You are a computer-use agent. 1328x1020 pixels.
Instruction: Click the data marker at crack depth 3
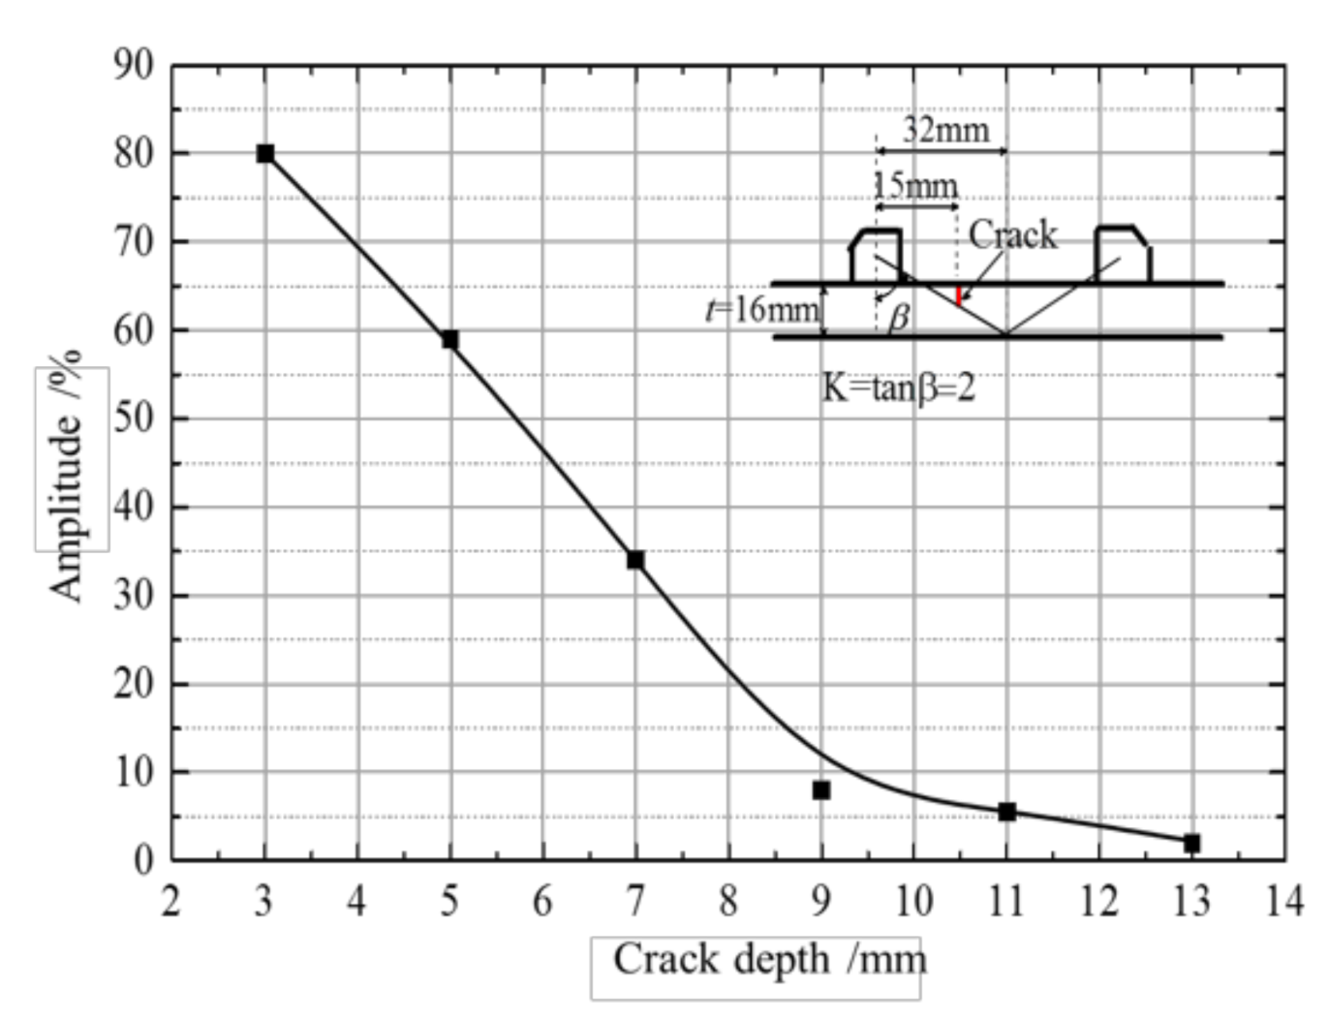tap(265, 153)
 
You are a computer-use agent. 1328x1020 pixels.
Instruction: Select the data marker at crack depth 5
tap(450, 339)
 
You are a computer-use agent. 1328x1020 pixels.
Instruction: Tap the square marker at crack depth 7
tap(635, 560)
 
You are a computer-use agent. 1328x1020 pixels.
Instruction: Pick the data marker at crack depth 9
tap(821, 790)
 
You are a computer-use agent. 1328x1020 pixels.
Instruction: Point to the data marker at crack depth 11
tap(1006, 812)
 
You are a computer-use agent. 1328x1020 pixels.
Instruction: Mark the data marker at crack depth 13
tap(1191, 844)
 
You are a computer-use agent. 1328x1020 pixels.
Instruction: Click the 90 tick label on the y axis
tap(134, 66)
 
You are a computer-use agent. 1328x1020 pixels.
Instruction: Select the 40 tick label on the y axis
tap(134, 507)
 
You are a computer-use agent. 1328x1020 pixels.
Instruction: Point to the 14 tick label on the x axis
tap(1284, 902)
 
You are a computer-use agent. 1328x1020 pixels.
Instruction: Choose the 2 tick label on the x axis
tap(170, 902)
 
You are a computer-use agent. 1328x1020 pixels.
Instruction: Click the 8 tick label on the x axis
tap(727, 902)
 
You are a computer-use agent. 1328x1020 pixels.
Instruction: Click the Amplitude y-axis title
tap(67, 475)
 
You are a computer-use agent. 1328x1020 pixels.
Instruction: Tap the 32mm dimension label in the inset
tap(946, 130)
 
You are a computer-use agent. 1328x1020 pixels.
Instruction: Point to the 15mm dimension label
tap(916, 184)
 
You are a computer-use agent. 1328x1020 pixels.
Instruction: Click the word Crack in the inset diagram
tap(1013, 234)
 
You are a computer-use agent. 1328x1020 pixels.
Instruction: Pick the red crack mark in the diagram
tap(958, 295)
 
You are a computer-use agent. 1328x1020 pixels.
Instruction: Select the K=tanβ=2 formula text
tap(899, 387)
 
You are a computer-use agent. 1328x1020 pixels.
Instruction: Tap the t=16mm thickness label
tap(762, 310)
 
